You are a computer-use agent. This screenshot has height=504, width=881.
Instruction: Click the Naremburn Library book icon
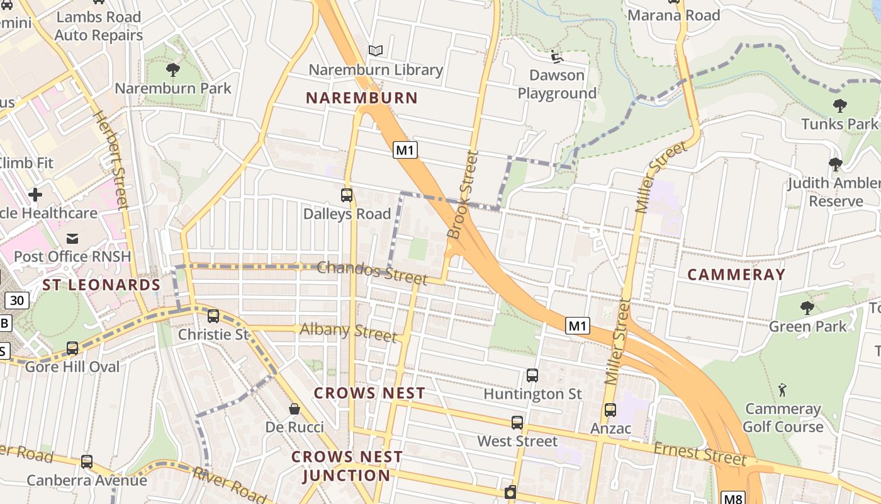coord(376,50)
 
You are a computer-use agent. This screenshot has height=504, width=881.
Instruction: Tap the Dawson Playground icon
coord(557,57)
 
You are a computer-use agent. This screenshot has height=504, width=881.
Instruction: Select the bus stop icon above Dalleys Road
coord(347,195)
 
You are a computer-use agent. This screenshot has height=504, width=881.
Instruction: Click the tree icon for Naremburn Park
coord(173,69)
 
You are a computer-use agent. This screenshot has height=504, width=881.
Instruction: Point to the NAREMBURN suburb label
coord(362,98)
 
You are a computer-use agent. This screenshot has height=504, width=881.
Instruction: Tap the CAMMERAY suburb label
coord(736,274)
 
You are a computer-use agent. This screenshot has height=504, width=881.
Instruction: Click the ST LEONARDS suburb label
coord(101,285)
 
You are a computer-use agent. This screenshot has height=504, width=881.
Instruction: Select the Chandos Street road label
coord(372,272)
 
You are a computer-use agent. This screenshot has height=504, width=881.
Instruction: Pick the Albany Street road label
coord(348,331)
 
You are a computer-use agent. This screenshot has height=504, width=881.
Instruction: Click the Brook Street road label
coord(463,195)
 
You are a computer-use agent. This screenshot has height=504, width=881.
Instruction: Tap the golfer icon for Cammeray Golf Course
coord(782,389)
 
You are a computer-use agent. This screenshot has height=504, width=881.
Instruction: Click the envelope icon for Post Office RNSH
coord(72,238)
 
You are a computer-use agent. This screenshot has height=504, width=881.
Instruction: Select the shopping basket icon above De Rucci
coord(294,409)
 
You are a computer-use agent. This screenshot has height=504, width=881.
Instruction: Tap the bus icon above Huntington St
coord(532,375)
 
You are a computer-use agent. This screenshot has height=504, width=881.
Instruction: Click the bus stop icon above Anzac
coord(610,410)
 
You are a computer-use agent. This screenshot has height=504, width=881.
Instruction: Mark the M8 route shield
coord(733,498)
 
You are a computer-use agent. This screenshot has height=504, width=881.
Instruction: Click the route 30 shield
coord(16,301)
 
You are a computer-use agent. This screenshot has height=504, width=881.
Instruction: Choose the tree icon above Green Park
coord(807,307)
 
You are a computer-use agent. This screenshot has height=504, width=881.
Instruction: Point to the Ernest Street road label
coord(699,454)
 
